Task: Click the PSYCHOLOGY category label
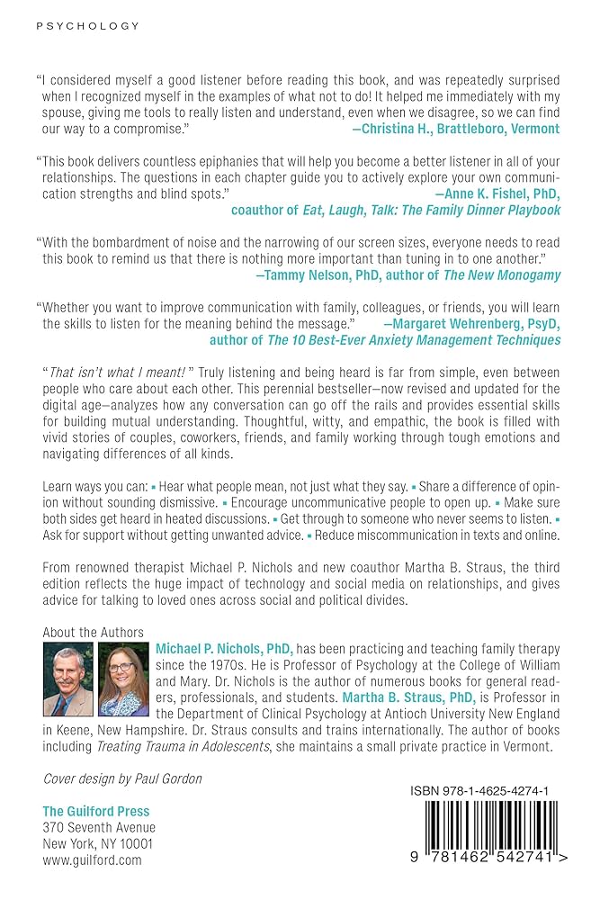point(87,26)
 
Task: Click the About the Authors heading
point(92,633)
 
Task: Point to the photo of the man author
point(68,679)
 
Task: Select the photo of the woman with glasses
point(123,679)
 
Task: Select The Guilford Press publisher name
point(97,812)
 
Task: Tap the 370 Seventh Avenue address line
point(99,828)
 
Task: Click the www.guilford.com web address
point(92,860)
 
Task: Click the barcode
point(487,837)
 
